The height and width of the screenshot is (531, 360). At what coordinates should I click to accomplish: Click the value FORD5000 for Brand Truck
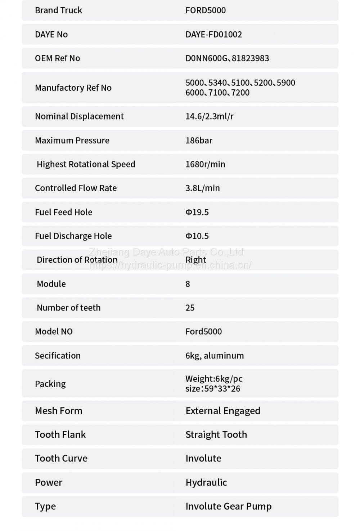206,10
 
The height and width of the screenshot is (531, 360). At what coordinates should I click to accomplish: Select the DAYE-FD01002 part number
213,34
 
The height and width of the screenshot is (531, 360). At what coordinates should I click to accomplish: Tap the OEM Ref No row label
57,58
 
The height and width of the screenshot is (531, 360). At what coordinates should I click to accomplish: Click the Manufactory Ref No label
73,88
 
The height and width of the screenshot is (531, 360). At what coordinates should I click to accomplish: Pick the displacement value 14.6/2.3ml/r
210,116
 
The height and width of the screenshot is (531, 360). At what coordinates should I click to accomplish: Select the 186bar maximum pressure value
199,140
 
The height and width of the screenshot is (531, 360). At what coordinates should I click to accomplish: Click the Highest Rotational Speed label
86,164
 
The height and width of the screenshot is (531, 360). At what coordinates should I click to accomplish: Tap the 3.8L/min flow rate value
202,188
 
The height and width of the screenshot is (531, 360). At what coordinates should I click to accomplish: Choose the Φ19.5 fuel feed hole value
197,212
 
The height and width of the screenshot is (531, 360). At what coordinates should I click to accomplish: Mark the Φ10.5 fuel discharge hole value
197,236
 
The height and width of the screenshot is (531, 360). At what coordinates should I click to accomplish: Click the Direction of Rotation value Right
195,260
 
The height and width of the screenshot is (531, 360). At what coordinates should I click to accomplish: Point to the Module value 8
188,284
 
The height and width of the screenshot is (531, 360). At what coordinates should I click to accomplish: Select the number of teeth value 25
190,308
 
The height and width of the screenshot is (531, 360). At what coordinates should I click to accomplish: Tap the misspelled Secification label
58,356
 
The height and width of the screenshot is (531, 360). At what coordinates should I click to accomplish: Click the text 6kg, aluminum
215,356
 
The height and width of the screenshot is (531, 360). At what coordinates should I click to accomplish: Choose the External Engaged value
223,411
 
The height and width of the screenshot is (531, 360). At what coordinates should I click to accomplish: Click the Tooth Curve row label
61,458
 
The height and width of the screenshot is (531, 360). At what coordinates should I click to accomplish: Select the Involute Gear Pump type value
229,506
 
